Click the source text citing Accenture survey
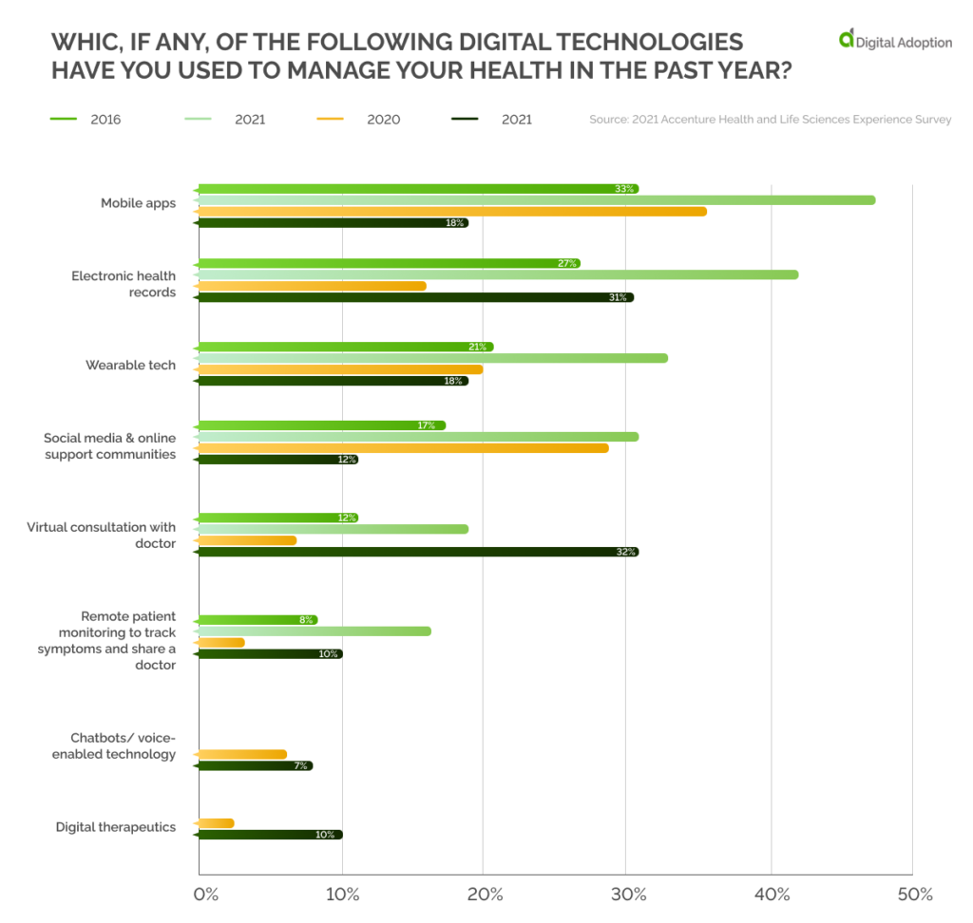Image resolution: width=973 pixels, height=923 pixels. point(770,120)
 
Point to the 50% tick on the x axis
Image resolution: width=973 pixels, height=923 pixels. point(914,895)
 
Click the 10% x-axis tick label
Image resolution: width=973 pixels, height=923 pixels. point(342,895)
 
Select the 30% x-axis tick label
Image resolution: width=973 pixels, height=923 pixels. point(628,895)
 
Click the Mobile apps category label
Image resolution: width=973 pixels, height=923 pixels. point(138,203)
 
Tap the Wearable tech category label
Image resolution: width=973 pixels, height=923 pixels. point(130,365)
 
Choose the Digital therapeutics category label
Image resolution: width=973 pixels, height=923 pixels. point(115,827)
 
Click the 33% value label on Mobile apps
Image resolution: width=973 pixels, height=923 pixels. point(624,189)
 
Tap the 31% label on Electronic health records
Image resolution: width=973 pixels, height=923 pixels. point(618,297)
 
